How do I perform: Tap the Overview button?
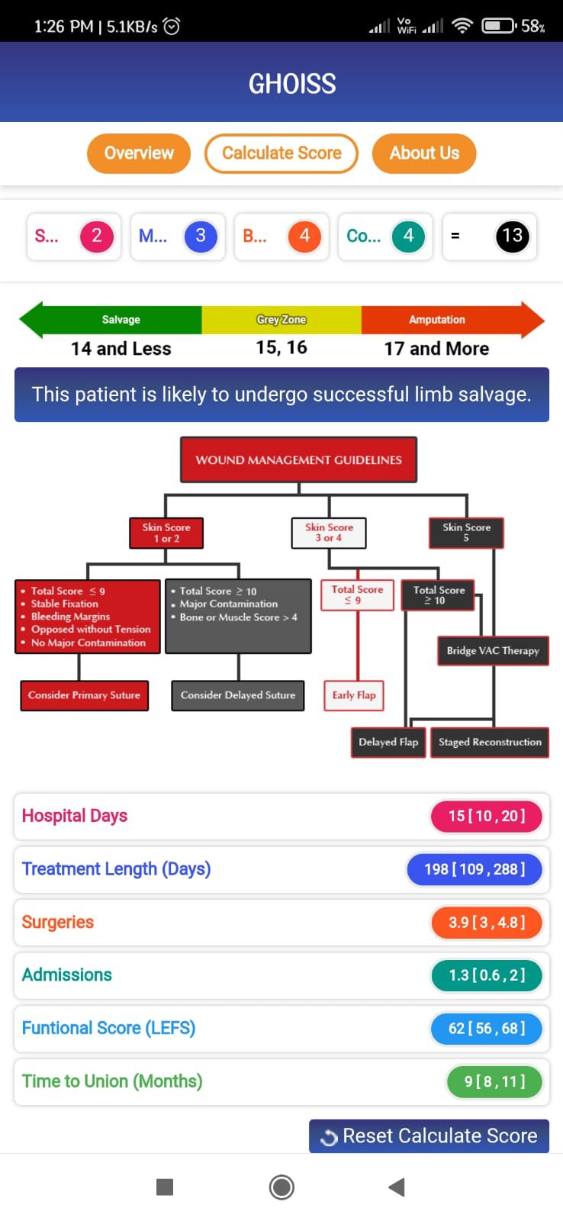tap(138, 153)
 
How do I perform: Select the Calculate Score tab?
tap(281, 153)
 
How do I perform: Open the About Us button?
tap(424, 153)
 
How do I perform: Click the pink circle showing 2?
tap(97, 236)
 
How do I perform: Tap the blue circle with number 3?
tap(201, 236)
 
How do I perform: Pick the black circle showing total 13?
tap(512, 236)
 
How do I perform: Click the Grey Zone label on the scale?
tap(281, 320)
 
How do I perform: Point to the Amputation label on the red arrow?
tap(436, 320)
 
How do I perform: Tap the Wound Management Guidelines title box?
tap(298, 459)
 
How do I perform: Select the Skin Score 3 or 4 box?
tap(329, 533)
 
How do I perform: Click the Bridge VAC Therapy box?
tap(493, 651)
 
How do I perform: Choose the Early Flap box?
tap(354, 695)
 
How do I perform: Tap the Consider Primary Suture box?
tap(84, 695)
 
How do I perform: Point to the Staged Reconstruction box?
tap(490, 742)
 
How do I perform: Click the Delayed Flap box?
tap(388, 742)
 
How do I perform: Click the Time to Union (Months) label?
tap(112, 1081)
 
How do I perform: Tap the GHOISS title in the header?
tap(292, 83)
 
